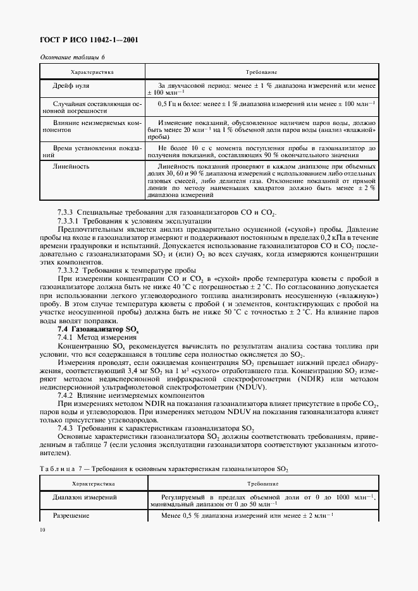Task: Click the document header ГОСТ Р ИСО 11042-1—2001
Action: (x=89, y=40)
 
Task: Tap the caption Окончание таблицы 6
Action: (x=72, y=57)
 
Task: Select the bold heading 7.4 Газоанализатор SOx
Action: (x=94, y=330)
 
